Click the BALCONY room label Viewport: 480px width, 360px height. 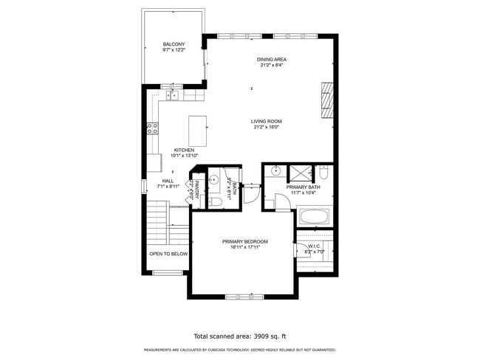(x=174, y=45)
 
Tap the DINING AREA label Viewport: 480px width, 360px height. (x=271, y=59)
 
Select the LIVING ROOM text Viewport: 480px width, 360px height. (x=266, y=121)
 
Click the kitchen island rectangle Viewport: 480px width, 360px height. (x=198, y=131)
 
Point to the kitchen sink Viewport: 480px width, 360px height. (x=173, y=94)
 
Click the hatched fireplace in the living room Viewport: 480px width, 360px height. (x=326, y=100)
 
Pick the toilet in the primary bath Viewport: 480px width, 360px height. (x=323, y=175)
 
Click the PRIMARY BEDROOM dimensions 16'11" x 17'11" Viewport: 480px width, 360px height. (x=244, y=247)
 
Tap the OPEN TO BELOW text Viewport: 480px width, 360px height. (x=168, y=254)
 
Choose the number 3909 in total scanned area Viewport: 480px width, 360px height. (x=260, y=336)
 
